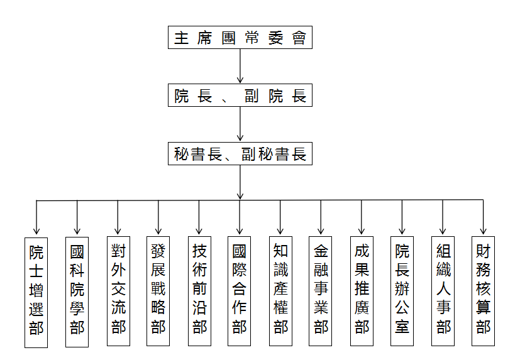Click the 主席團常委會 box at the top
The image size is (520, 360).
[240, 38]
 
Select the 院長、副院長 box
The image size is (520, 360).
[240, 96]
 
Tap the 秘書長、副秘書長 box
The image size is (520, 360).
[240, 154]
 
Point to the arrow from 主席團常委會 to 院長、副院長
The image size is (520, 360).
[240, 66]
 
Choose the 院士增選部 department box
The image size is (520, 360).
[36, 291]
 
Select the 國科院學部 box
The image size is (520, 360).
[77, 291]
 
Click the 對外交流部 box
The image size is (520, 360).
[118, 291]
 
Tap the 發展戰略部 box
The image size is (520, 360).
[158, 291]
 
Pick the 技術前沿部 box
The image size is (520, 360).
[199, 291]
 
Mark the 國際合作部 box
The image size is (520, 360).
[240, 291]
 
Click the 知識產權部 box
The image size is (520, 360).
[280, 291]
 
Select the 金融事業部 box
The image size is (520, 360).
[321, 291]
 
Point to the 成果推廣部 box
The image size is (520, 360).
[362, 291]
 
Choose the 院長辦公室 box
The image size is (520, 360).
[402, 291]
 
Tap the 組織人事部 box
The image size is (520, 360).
[443, 291]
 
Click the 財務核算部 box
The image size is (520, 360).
[483, 291]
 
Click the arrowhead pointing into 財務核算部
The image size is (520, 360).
[483, 231]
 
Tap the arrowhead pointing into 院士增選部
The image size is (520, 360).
[36, 231]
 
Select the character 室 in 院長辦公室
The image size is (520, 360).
[402, 327]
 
